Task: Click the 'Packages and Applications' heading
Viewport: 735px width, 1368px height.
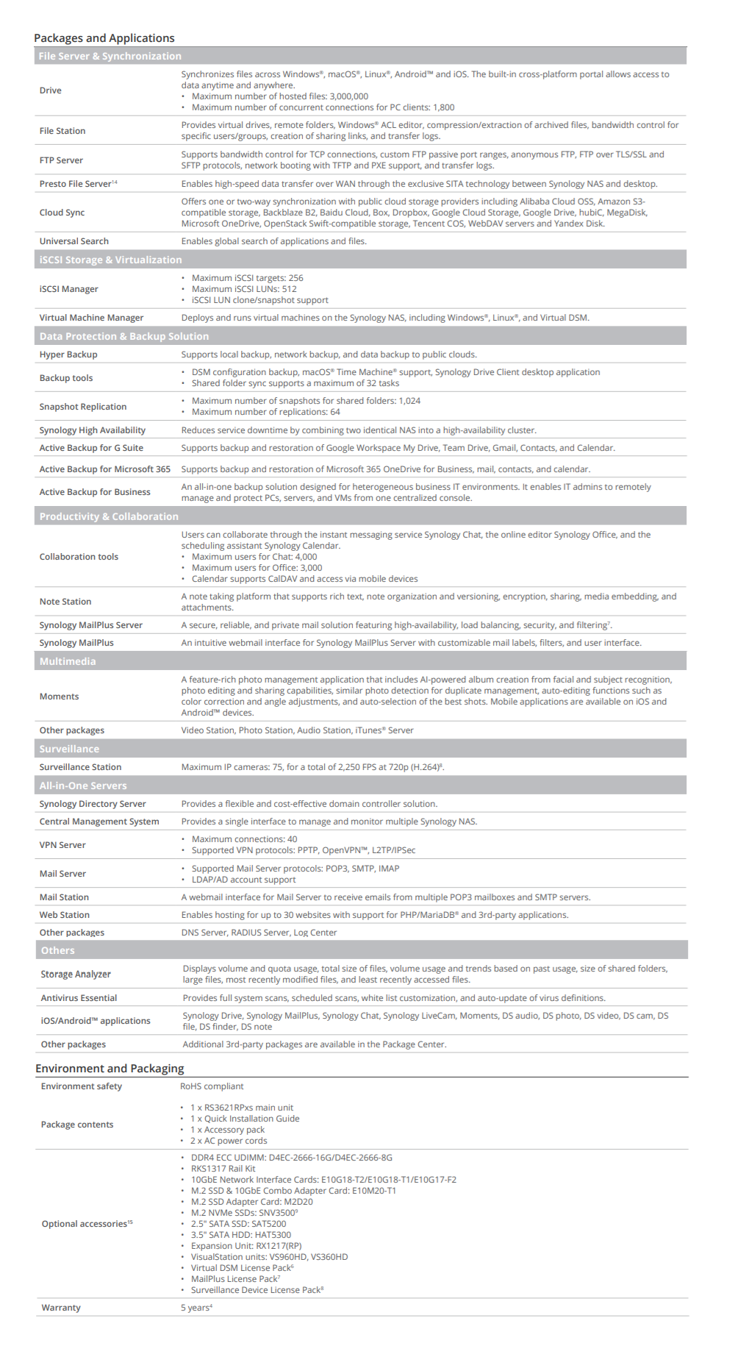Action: [104, 38]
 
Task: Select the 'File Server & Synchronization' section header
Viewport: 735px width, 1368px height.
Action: [110, 56]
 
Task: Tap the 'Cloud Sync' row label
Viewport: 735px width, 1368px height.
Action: [62, 213]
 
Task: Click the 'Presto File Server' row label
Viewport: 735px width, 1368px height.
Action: [76, 184]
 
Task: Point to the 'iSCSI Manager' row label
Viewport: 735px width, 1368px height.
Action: [68, 289]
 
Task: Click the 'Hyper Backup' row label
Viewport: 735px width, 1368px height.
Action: [68, 355]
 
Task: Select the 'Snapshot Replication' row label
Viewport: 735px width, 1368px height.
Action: [83, 407]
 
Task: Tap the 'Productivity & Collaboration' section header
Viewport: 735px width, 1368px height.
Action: [109, 516]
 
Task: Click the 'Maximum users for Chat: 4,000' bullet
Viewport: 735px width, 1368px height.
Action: [254, 557]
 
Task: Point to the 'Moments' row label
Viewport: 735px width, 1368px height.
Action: [59, 697]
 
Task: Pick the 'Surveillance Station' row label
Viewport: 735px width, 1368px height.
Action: [80, 767]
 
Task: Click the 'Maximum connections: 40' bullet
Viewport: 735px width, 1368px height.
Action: [244, 839]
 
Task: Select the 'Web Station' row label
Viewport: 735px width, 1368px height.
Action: [65, 915]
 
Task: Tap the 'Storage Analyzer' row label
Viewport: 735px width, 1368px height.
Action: [76, 975]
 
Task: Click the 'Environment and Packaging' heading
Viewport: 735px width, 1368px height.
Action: [110, 1069]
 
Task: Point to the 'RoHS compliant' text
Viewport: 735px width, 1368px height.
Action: [212, 1086]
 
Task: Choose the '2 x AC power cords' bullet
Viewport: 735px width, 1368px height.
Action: [229, 1141]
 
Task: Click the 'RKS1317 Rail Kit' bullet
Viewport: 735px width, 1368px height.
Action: [223, 1169]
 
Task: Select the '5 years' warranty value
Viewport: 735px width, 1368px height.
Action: [196, 1308]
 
